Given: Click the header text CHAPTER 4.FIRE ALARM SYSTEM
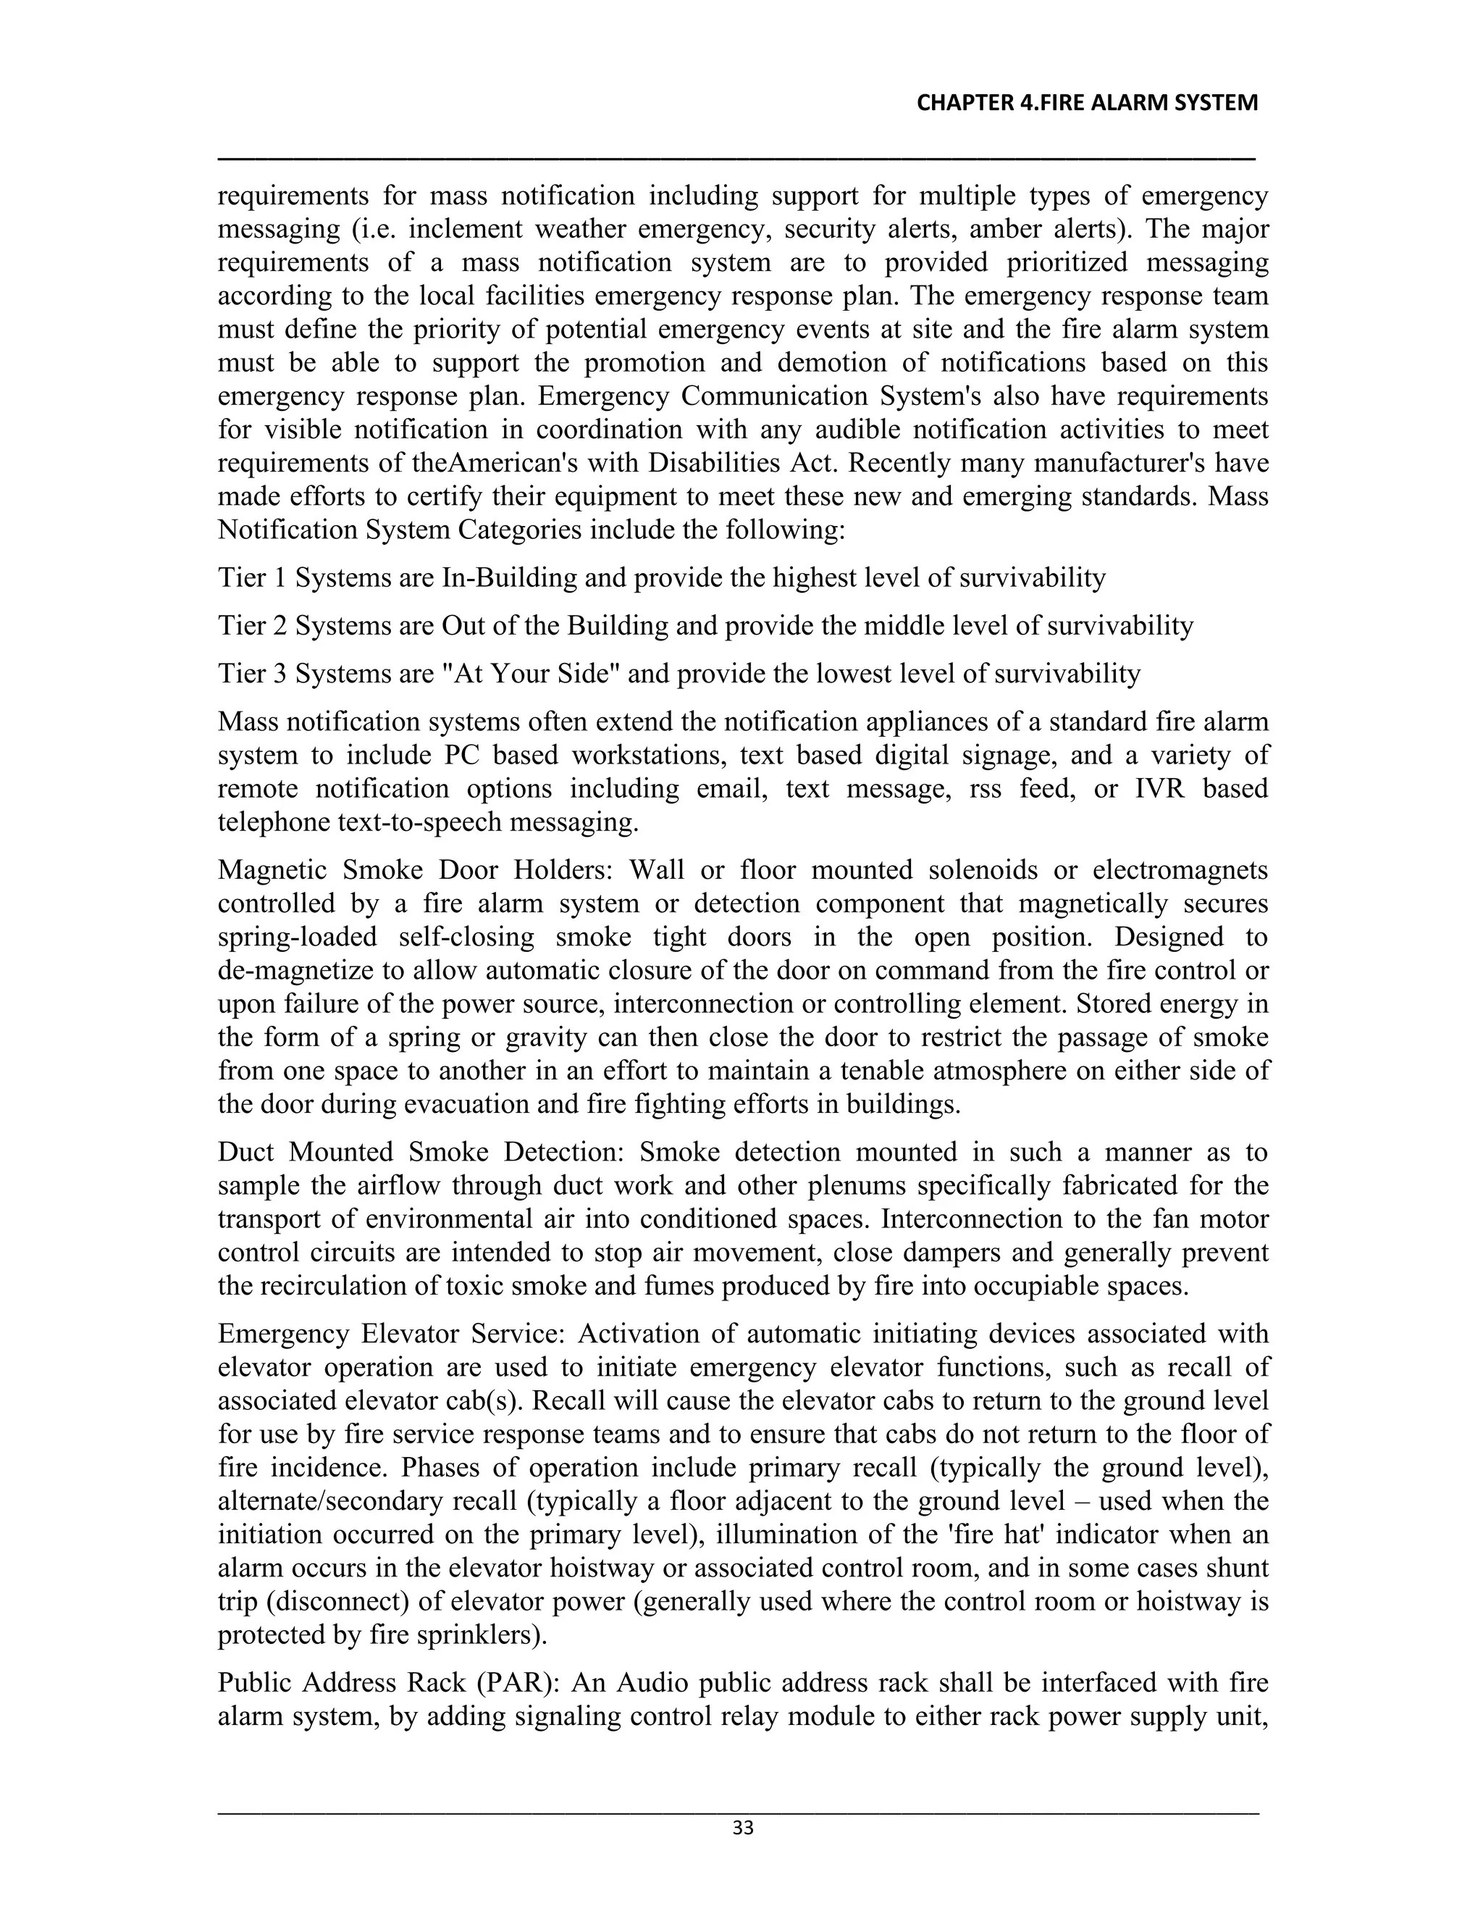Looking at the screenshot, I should (1086, 104).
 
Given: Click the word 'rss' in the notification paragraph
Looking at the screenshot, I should (986, 789).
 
